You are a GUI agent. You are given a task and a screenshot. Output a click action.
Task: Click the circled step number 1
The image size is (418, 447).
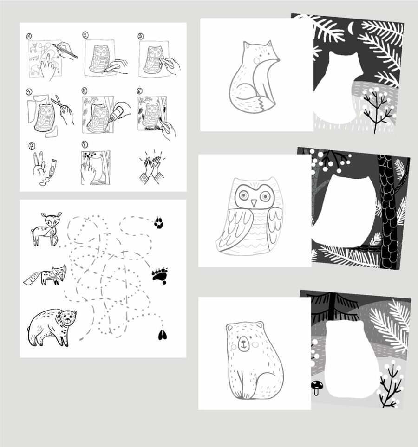29,36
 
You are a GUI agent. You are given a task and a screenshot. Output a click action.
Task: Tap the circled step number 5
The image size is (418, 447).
85,91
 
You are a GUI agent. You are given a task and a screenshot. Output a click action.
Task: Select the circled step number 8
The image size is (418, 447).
85,144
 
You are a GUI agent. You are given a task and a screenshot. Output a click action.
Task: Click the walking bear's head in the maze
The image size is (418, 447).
68,318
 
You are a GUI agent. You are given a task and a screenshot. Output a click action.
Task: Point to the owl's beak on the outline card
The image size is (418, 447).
254,203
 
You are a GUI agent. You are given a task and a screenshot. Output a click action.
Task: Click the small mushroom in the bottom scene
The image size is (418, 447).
317,388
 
